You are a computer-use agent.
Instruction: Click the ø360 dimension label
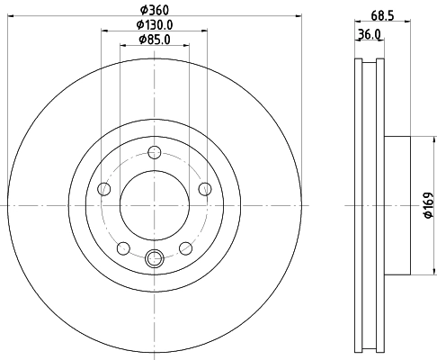coord(155,10)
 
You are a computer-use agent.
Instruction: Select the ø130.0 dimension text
coord(155,24)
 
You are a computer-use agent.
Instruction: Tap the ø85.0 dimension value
coord(155,39)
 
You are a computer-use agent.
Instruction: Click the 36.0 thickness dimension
coord(369,35)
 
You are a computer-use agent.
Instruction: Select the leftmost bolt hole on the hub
coord(103,189)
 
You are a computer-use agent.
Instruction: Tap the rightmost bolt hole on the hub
coord(205,188)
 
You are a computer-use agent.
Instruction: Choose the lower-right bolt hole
coord(185,248)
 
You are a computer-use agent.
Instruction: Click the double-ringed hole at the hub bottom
coord(154,260)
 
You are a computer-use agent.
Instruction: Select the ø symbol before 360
coord(142,10)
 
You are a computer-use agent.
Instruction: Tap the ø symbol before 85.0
coord(141,39)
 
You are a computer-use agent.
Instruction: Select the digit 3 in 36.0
coord(360,35)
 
